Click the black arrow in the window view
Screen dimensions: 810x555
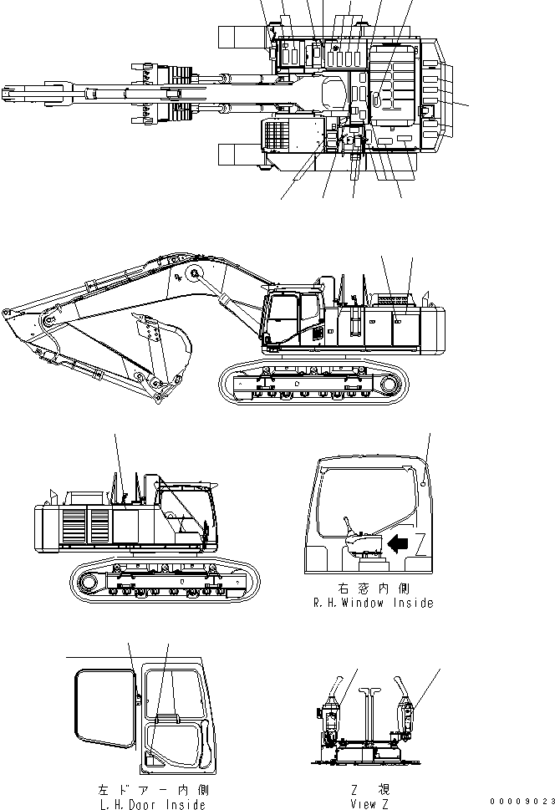[x=399, y=544]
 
